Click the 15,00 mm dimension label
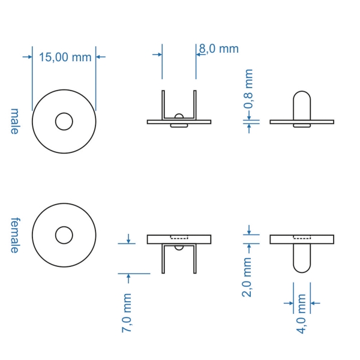[65, 57]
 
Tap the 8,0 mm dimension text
[219, 49]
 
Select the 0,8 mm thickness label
[248, 89]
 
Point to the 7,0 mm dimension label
[126, 313]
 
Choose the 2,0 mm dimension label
[247, 277]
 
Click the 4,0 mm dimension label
[301, 314]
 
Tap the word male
[14, 121]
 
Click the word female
[15, 235]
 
